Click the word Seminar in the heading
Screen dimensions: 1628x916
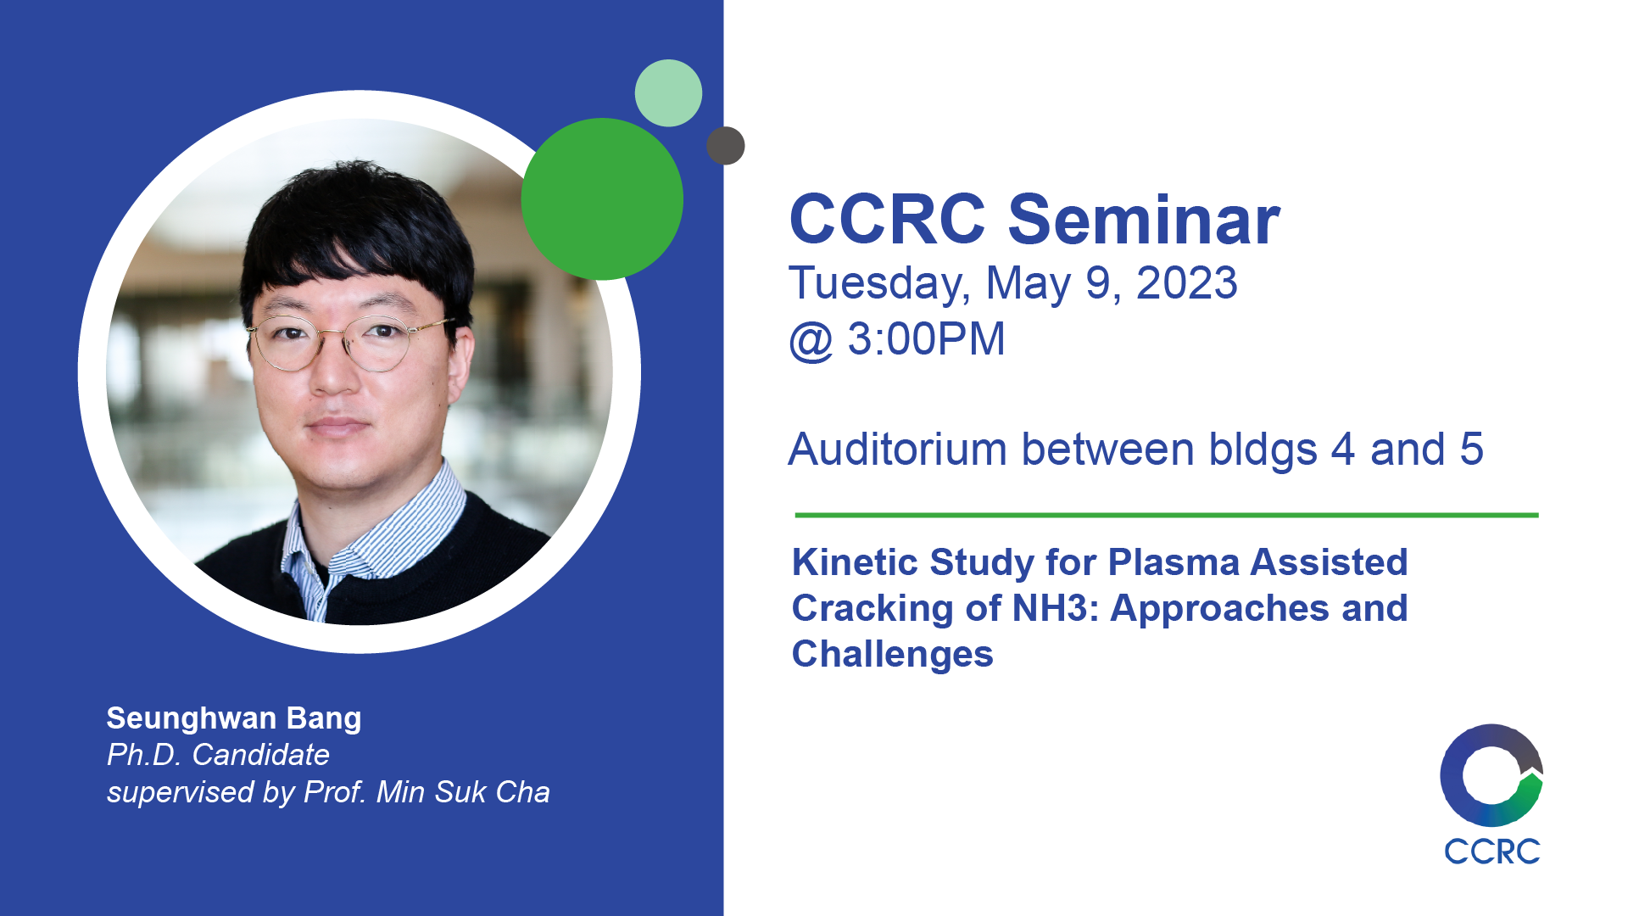[x=1144, y=220]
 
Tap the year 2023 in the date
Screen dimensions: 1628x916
[x=1187, y=283]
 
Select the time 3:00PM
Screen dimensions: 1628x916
[x=926, y=339]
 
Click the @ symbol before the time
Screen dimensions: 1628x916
[x=811, y=341]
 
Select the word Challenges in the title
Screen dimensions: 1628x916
[x=892, y=655]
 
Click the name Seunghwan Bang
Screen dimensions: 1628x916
[x=234, y=718]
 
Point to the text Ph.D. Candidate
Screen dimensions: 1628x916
[x=218, y=755]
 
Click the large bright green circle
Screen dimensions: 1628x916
[x=602, y=198]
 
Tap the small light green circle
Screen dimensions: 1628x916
[x=668, y=93]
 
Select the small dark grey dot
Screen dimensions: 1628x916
[x=726, y=146]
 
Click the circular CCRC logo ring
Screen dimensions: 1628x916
[x=1452, y=776]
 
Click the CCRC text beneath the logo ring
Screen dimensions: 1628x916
[x=1492, y=852]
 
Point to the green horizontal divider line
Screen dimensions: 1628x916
[x=1167, y=515]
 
